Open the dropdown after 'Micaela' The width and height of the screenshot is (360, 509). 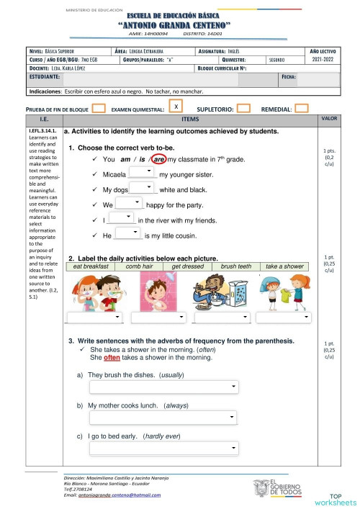(x=143, y=174)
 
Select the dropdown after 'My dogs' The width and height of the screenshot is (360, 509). (x=143, y=189)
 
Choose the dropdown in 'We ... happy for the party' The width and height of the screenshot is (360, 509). (x=128, y=204)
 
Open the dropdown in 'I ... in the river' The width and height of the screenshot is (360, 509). (x=120, y=219)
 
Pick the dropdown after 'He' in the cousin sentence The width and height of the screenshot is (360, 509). (x=127, y=235)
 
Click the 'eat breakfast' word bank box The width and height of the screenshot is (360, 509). (x=91, y=266)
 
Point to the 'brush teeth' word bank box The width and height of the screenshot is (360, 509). (x=235, y=266)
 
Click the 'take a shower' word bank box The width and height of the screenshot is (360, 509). (x=284, y=266)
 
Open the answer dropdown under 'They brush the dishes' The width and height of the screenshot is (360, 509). (x=163, y=388)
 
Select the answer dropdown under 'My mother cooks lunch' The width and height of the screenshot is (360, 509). (x=163, y=418)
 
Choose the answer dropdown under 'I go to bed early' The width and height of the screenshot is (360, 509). (x=163, y=449)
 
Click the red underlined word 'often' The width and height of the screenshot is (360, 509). (x=112, y=357)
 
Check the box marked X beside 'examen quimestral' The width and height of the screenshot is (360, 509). (x=176, y=107)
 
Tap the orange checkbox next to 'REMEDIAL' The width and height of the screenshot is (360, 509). (x=302, y=109)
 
